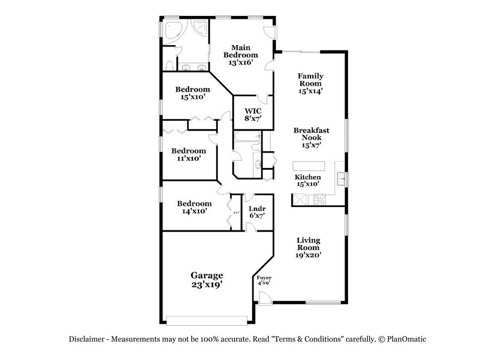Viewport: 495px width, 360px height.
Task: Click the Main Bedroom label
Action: tap(241, 55)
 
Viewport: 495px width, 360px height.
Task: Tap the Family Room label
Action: tap(310, 83)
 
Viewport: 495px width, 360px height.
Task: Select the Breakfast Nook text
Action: tap(311, 138)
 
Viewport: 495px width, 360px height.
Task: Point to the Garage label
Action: tap(207, 280)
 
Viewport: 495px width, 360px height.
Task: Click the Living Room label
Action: tap(308, 248)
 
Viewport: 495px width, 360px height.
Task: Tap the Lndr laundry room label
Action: tap(257, 212)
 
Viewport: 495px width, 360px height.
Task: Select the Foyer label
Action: tap(264, 280)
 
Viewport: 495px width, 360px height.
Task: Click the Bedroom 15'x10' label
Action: tap(193, 93)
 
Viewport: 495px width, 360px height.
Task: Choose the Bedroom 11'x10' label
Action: tap(188, 154)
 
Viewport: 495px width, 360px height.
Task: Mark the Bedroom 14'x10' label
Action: tap(194, 207)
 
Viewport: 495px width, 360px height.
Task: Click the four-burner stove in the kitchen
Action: tap(317, 200)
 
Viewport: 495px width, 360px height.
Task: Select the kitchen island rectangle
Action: tap(308, 165)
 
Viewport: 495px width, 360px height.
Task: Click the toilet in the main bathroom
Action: tap(169, 65)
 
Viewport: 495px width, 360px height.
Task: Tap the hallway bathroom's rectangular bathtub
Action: tap(247, 137)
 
